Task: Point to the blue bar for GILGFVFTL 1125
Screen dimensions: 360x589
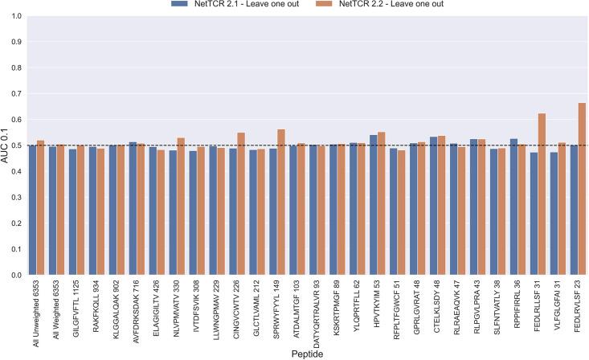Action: coord(73,212)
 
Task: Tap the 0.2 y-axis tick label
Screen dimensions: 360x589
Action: coord(15,223)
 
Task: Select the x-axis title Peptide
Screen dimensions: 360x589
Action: coord(305,354)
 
